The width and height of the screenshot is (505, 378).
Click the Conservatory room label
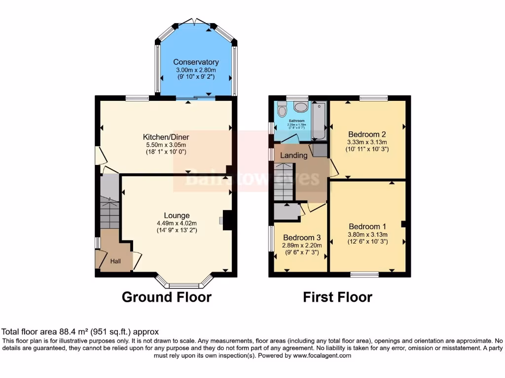click(196, 62)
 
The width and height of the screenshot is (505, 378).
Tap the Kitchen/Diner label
click(166, 137)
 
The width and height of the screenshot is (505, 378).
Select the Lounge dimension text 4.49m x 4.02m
click(177, 223)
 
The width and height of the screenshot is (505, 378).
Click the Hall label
click(115, 261)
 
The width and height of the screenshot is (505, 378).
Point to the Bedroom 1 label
click(367, 227)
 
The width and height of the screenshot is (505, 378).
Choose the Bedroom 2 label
click(367, 134)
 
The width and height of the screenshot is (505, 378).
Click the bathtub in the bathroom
click(319, 120)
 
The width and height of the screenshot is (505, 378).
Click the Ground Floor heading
click(166, 297)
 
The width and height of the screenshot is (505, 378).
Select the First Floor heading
click(337, 297)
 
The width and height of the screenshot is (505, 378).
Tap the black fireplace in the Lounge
click(228, 220)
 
